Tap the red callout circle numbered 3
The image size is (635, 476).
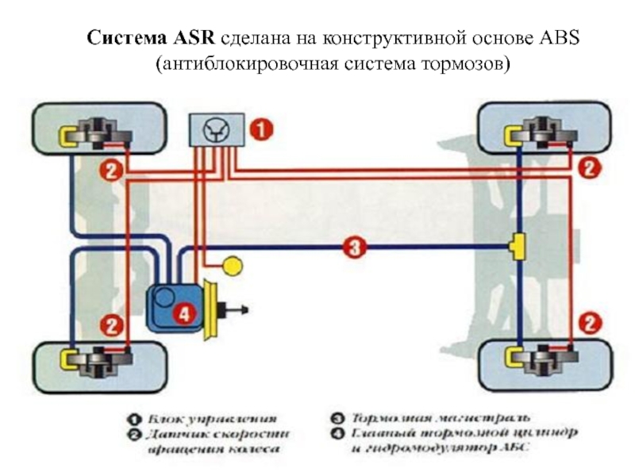click(x=354, y=248)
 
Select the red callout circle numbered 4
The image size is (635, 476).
click(x=183, y=313)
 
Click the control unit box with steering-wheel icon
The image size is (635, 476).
click(x=213, y=129)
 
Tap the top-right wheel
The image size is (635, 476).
click(x=544, y=129)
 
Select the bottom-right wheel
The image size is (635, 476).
click(x=544, y=359)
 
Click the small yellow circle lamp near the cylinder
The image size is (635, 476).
click(x=232, y=266)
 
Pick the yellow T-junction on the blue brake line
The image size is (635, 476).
click(x=519, y=248)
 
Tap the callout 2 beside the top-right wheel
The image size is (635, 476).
click(x=589, y=168)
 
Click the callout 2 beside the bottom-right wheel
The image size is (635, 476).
click(x=589, y=323)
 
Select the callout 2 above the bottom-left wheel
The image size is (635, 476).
click(x=111, y=324)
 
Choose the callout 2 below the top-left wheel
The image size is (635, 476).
click(x=111, y=170)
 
